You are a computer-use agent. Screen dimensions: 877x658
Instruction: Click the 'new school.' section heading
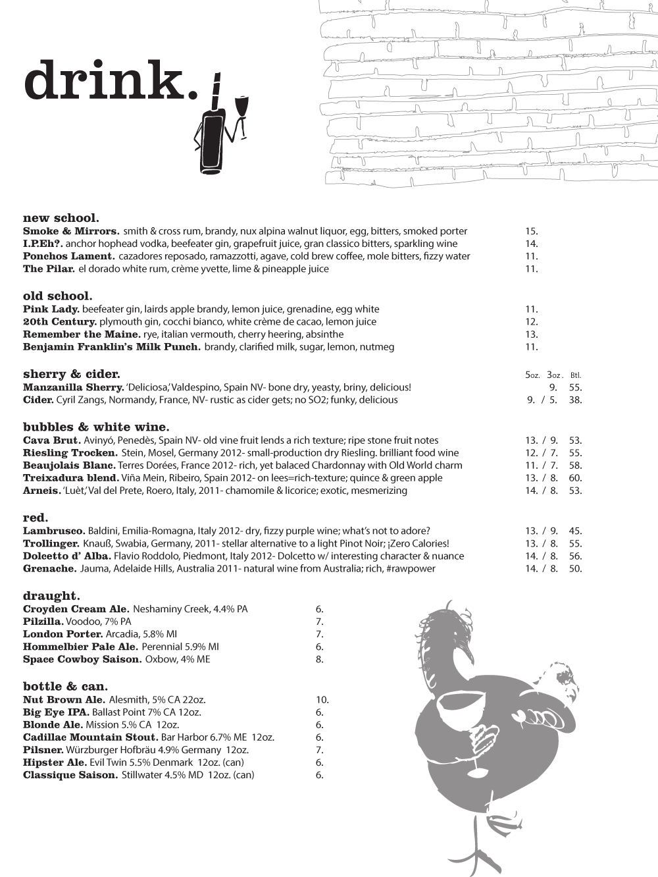pos(61,218)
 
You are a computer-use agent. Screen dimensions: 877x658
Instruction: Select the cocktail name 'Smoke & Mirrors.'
pos(71,231)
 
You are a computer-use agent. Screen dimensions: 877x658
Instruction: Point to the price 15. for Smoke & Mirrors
pos(532,231)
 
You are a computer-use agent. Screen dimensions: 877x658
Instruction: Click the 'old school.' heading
pos(57,296)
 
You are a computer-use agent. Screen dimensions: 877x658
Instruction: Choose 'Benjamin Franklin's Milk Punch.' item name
pos(112,347)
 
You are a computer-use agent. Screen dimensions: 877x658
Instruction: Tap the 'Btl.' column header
pos(576,375)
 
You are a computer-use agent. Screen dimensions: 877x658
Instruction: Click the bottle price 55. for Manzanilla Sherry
pos(575,388)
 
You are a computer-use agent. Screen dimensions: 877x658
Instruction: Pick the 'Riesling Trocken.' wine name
pos(70,453)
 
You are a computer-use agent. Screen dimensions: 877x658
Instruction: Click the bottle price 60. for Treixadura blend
pos(575,478)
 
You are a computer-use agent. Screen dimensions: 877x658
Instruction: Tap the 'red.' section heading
pos(36,518)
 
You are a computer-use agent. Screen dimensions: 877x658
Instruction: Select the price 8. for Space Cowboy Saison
pos(320,659)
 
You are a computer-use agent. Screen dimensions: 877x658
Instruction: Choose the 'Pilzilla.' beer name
pos(43,622)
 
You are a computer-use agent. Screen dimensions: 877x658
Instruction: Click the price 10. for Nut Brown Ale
pos(322,700)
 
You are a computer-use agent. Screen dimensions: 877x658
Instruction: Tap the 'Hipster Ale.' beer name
pos(55,762)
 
